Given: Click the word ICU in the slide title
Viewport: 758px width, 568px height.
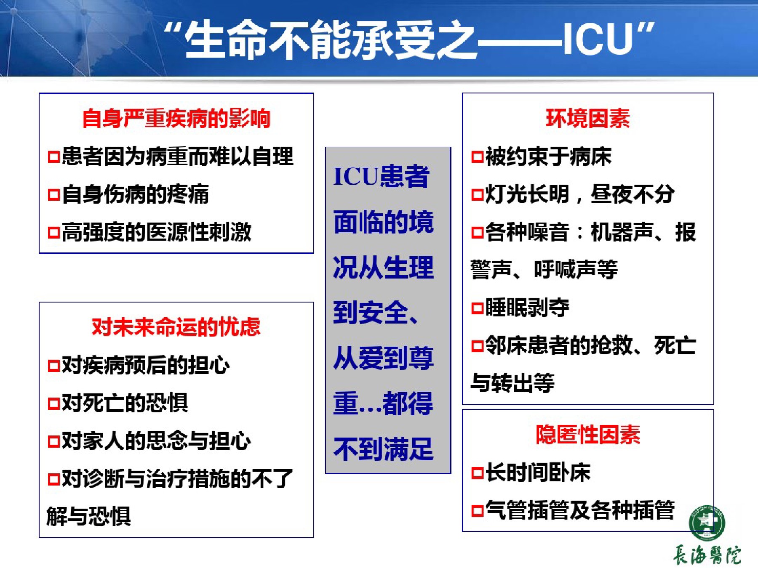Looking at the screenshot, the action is click(x=598, y=39).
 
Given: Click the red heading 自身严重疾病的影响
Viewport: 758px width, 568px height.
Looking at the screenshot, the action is click(x=176, y=118).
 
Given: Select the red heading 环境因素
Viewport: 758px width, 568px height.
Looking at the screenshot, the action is click(x=588, y=118).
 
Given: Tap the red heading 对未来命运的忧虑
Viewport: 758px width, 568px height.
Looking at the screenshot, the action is click(x=176, y=327).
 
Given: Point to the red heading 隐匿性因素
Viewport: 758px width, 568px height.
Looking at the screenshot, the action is click(x=588, y=434).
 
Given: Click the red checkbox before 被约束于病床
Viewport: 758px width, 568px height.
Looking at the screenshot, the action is click(x=477, y=157).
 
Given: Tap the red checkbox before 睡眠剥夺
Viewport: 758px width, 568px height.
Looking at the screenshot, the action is click(x=477, y=308).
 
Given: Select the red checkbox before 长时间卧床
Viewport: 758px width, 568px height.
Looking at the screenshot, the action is click(x=477, y=473).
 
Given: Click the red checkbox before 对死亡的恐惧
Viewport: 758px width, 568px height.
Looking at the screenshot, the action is click(x=54, y=404).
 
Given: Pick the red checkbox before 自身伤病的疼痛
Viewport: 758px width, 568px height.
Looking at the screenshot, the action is click(x=54, y=195).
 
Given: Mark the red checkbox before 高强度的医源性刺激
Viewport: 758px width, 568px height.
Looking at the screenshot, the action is click(x=54, y=233).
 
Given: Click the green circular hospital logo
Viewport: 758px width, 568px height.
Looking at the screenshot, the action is click(x=707, y=523).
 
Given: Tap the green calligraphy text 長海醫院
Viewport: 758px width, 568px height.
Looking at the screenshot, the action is click(x=707, y=555).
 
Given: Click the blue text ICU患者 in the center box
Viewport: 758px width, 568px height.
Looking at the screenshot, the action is click(x=382, y=176).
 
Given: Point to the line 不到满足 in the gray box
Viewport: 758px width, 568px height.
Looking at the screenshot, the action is click(x=383, y=449).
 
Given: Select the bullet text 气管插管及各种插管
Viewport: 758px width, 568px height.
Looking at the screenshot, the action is click(x=580, y=510).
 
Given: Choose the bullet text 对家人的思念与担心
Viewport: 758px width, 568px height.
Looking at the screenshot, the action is click(x=156, y=441).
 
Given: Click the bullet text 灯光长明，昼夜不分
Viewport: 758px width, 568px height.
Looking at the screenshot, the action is click(x=580, y=194).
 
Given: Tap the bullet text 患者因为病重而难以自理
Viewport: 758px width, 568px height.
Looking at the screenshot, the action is click(x=177, y=156).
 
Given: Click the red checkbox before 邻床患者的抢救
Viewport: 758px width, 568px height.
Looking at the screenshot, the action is click(x=477, y=346).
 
